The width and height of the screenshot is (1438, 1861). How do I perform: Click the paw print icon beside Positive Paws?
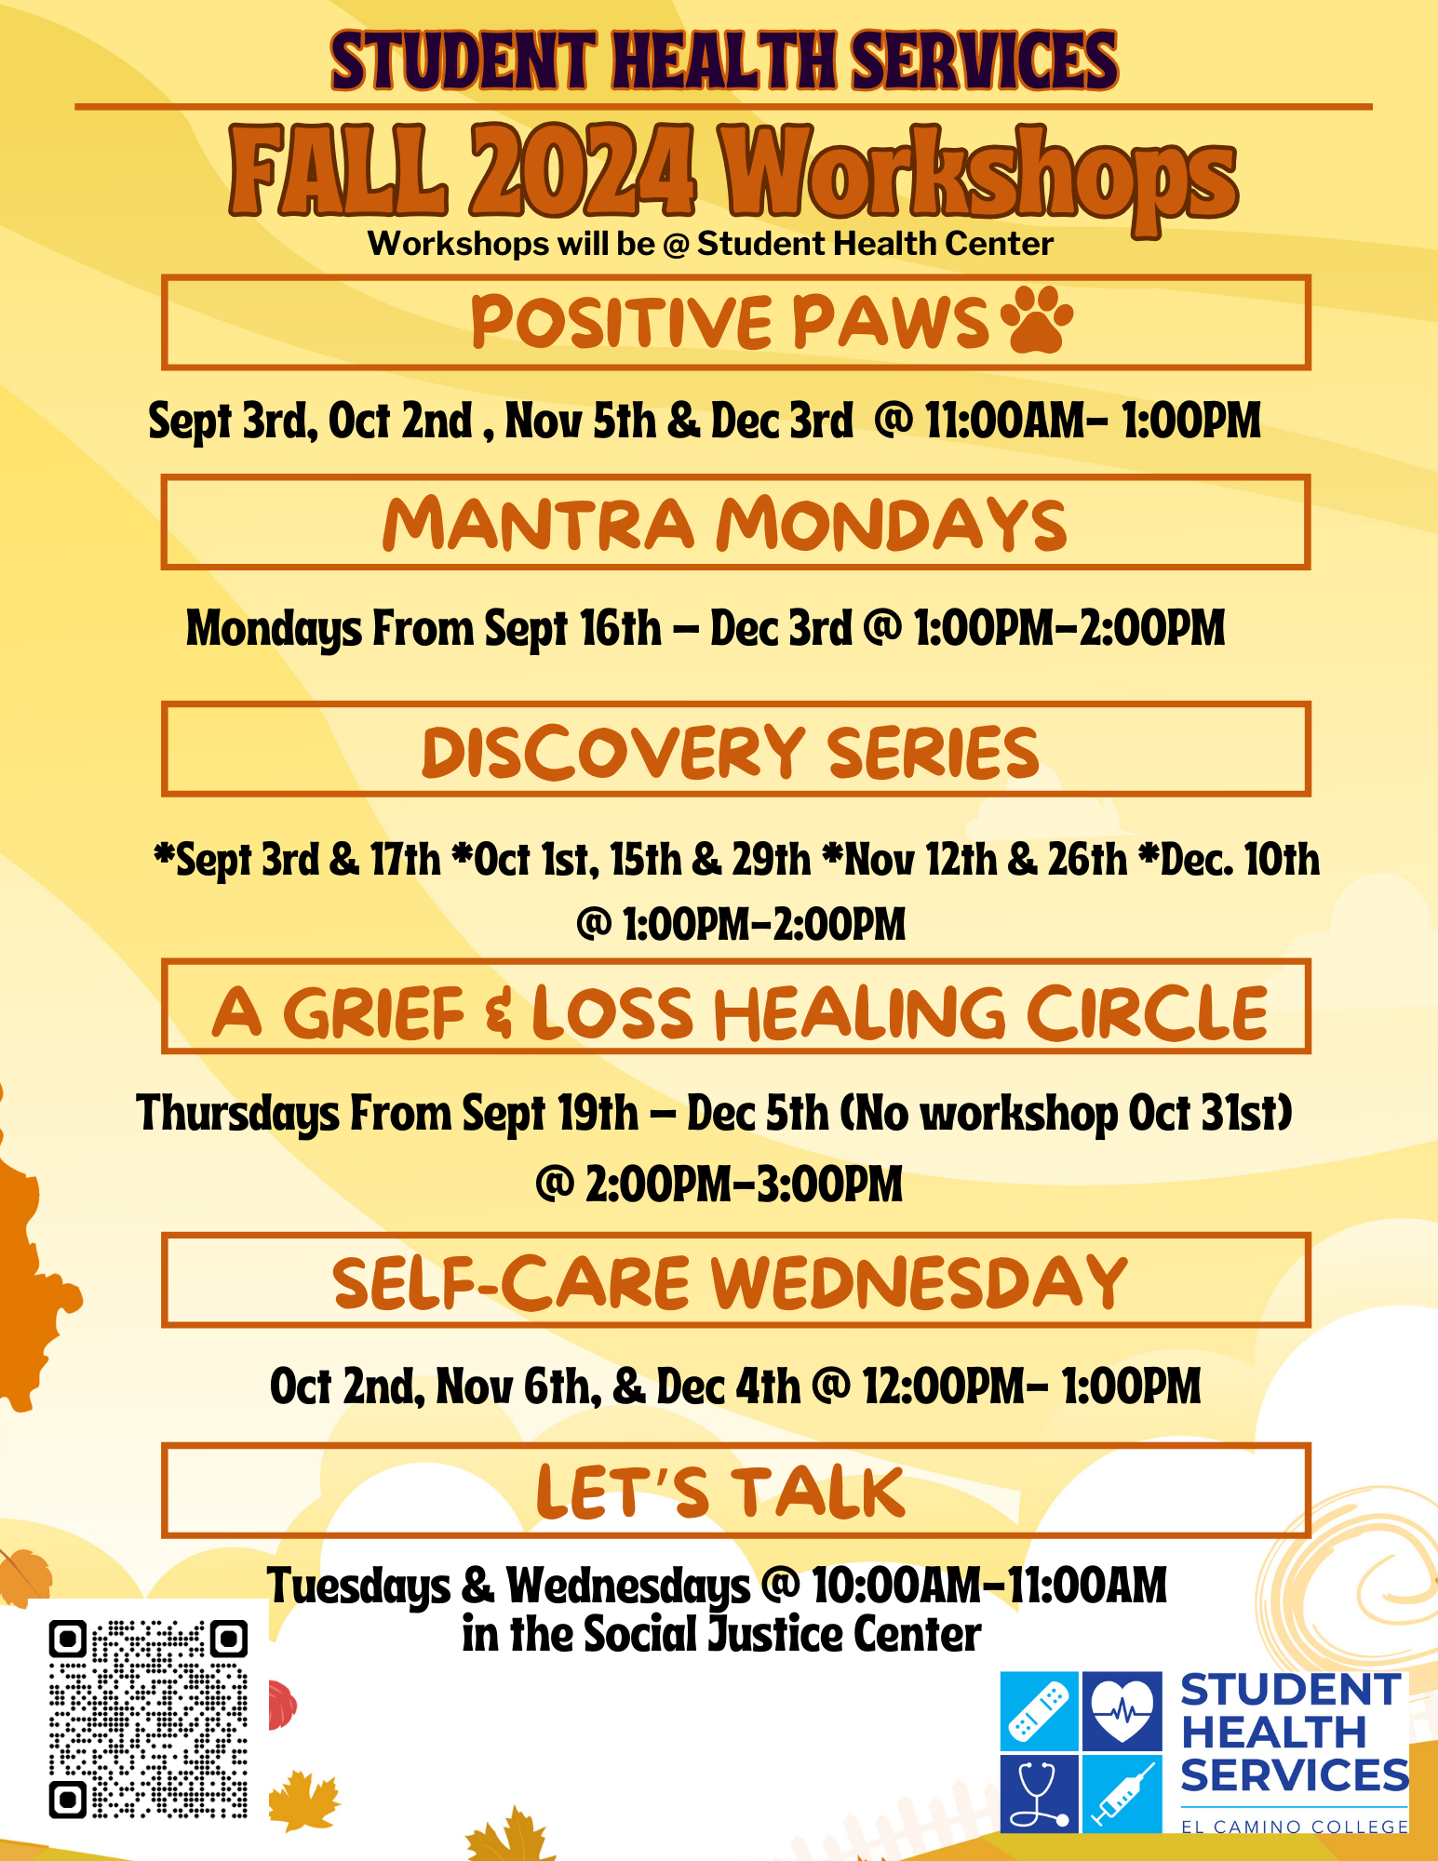[x=1036, y=320]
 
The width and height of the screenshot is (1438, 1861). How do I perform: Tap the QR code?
[x=149, y=1720]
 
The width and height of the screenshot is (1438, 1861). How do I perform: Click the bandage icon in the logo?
[x=1040, y=1710]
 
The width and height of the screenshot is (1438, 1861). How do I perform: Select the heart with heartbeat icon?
[x=1122, y=1710]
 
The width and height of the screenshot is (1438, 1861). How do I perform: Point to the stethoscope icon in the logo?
[x=1040, y=1793]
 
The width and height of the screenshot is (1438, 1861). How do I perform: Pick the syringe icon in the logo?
[x=1122, y=1793]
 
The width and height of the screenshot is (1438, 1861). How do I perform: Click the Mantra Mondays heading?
[x=725, y=523]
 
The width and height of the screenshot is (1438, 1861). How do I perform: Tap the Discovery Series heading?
[x=731, y=751]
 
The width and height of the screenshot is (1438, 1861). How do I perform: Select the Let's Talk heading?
[x=720, y=1492]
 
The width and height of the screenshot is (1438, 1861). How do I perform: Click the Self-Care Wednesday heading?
[x=731, y=1282]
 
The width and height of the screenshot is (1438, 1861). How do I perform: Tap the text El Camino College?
[x=1295, y=1827]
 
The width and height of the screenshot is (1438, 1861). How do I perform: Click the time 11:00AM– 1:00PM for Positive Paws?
[x=1093, y=420]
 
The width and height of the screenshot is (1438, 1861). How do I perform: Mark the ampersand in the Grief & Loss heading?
[x=499, y=1013]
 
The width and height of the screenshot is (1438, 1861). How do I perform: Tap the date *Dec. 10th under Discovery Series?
[x=1229, y=859]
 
